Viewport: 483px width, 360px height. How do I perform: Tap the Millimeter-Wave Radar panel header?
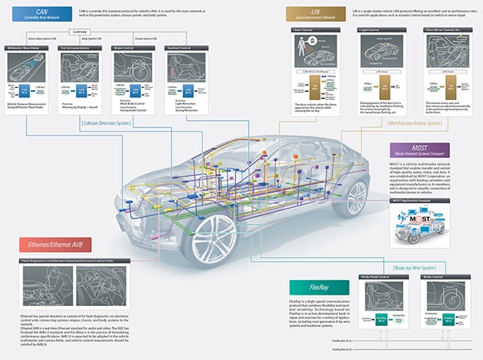pos(30,48)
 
